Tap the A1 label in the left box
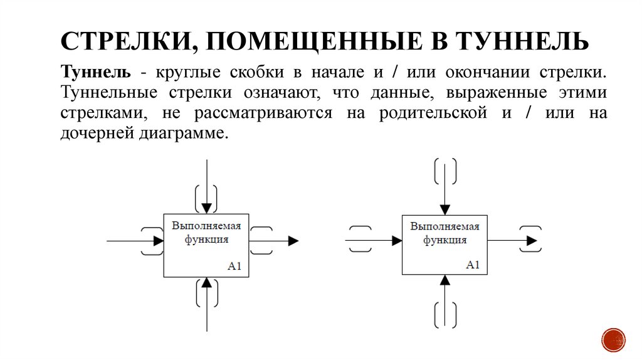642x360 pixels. pyautogui.click(x=234, y=267)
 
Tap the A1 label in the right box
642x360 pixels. pyautogui.click(x=473, y=264)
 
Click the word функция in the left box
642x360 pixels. pyautogui.click(x=206, y=239)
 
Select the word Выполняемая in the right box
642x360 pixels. pyautogui.click(x=445, y=226)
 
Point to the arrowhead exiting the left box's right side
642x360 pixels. pyautogui.click(x=293, y=240)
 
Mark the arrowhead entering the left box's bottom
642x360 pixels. pyautogui.click(x=206, y=283)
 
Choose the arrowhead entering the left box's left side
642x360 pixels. pyautogui.click(x=158, y=240)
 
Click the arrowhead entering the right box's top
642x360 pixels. pyautogui.click(x=445, y=209)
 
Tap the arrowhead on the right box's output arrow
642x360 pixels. pyautogui.click(x=532, y=240)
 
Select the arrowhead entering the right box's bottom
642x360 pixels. pyautogui.click(x=445, y=280)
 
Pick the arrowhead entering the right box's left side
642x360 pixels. pyautogui.click(x=396, y=240)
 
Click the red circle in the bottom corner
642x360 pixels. pyautogui.click(x=613, y=340)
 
